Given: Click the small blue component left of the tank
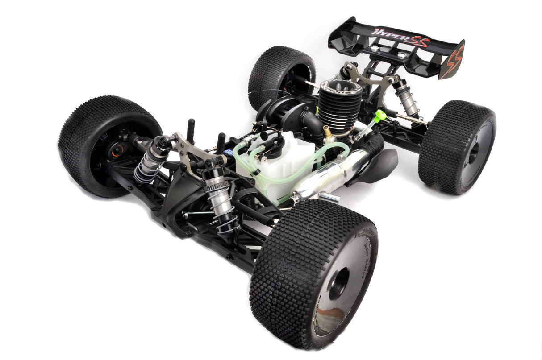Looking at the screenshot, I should click(229, 152).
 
